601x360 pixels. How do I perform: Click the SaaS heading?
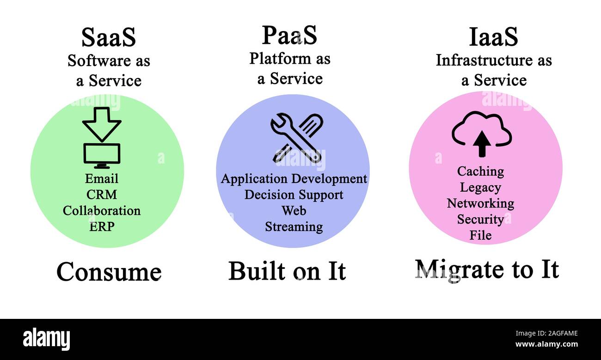[109, 38]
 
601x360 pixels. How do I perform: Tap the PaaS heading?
[290, 35]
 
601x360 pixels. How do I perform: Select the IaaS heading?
[493, 37]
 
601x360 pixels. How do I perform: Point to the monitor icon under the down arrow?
[102, 155]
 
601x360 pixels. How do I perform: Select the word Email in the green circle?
[102, 179]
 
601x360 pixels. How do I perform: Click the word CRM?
[102, 195]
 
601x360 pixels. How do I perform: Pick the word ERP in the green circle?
[102, 226]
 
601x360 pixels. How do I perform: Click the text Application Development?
[294, 179]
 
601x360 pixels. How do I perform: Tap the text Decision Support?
[294, 195]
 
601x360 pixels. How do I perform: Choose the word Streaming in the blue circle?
[294, 227]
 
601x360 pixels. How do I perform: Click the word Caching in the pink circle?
[480, 171]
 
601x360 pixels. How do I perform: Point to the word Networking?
[480, 203]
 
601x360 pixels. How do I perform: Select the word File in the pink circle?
[480, 235]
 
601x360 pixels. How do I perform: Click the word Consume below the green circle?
[109, 272]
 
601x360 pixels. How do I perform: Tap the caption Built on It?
[287, 271]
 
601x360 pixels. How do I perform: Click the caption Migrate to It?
[487, 269]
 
